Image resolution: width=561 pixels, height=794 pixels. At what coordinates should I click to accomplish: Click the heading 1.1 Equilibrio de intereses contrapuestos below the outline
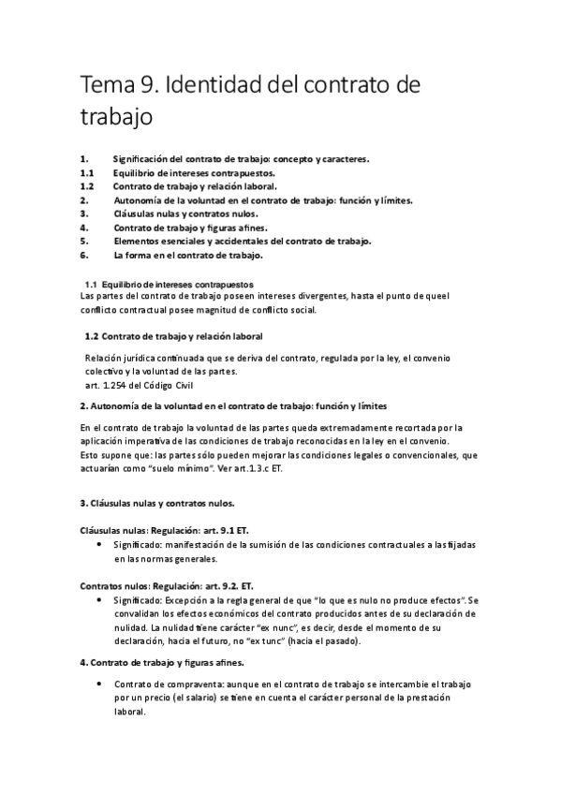(x=169, y=283)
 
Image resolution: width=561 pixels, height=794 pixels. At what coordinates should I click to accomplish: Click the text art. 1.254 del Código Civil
(x=141, y=384)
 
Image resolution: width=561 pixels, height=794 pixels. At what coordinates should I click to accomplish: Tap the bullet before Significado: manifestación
(x=100, y=544)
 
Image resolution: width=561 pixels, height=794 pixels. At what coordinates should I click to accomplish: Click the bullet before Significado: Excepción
(x=100, y=598)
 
